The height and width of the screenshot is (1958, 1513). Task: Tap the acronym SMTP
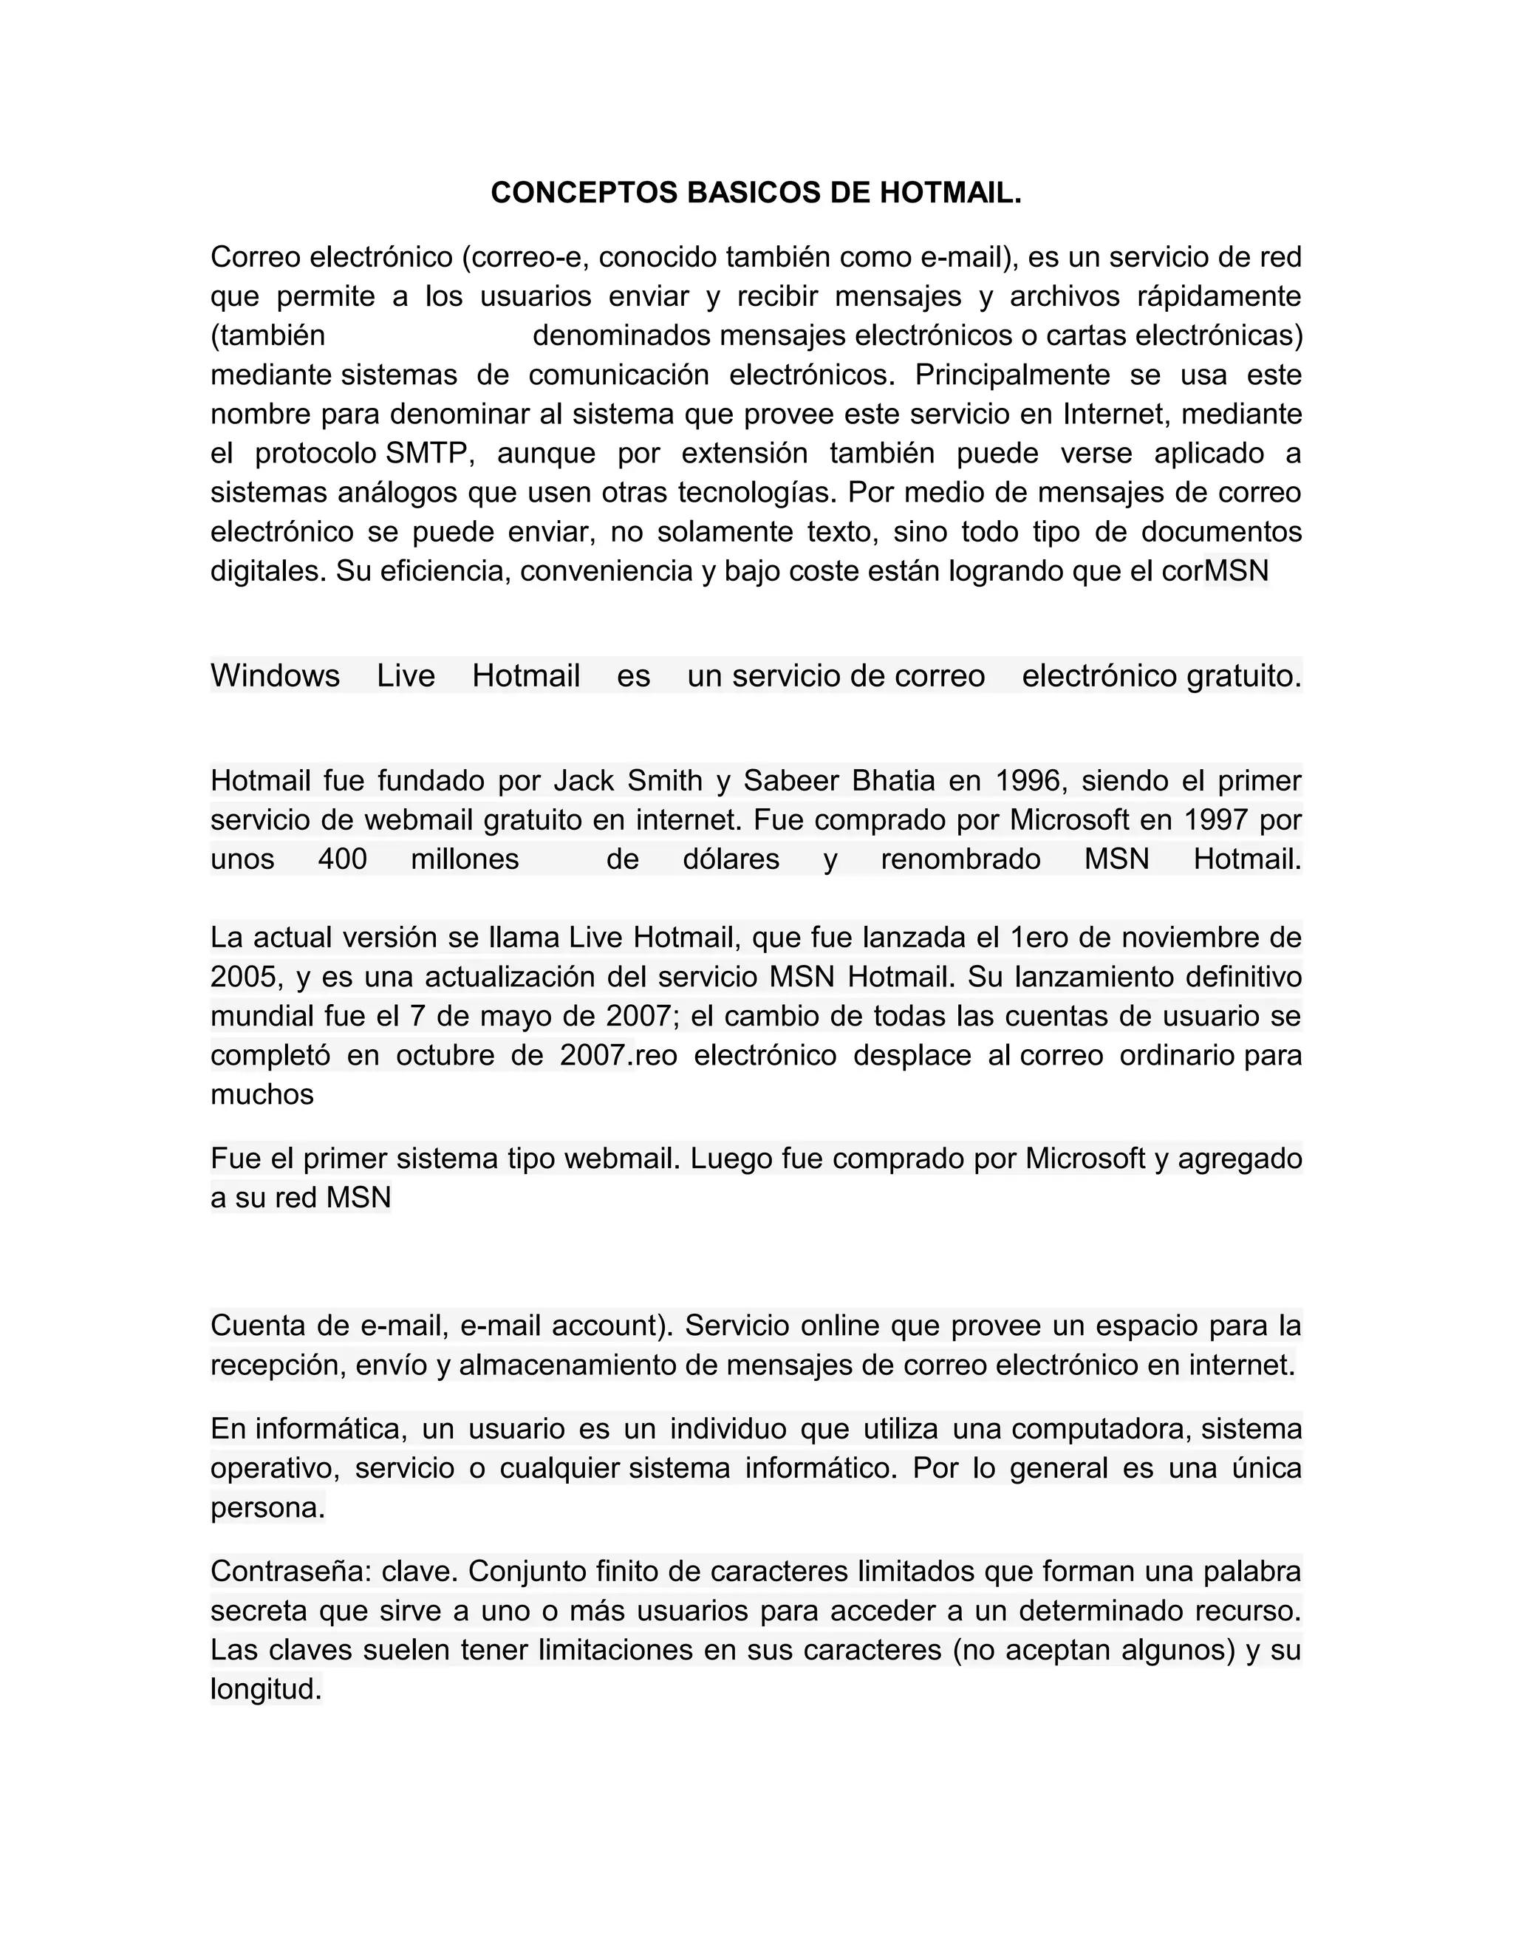(x=427, y=454)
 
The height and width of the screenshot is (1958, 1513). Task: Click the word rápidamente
(x=1219, y=296)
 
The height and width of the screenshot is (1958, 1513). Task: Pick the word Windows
(x=275, y=676)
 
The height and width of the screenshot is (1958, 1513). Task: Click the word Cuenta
(x=256, y=1325)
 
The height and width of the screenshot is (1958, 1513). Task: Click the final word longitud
(x=264, y=1690)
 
